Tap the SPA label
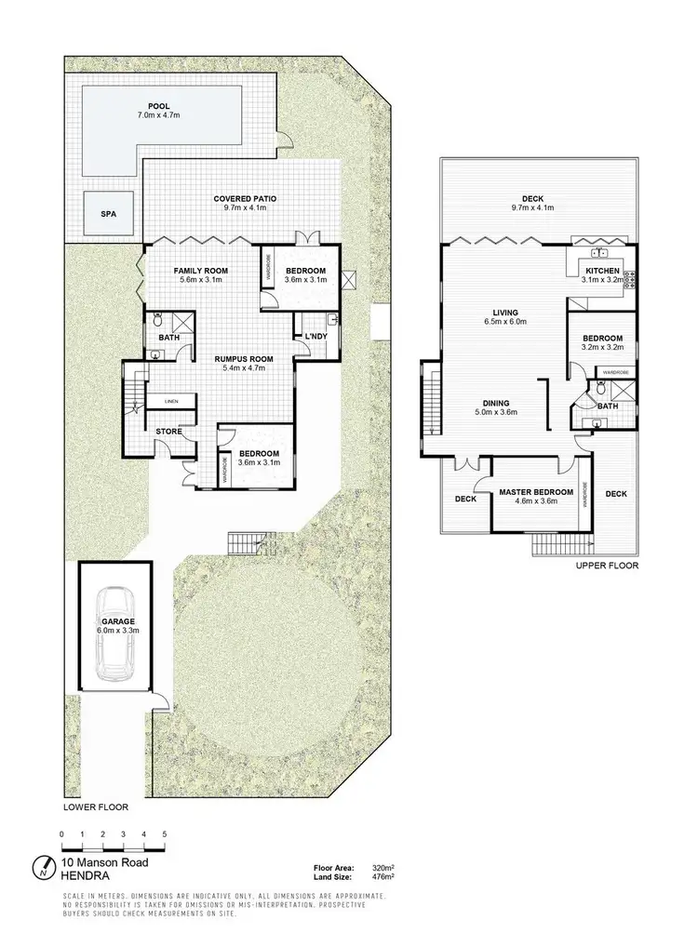click(x=108, y=213)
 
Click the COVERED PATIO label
click(x=245, y=199)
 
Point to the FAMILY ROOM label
click(x=202, y=271)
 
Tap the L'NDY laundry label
click(x=309, y=336)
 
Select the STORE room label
click(x=168, y=431)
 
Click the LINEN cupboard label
click(x=171, y=401)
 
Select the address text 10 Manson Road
click(x=99, y=862)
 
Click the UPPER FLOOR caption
click(x=606, y=566)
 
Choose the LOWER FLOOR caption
click(x=96, y=807)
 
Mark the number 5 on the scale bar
click(x=165, y=833)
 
